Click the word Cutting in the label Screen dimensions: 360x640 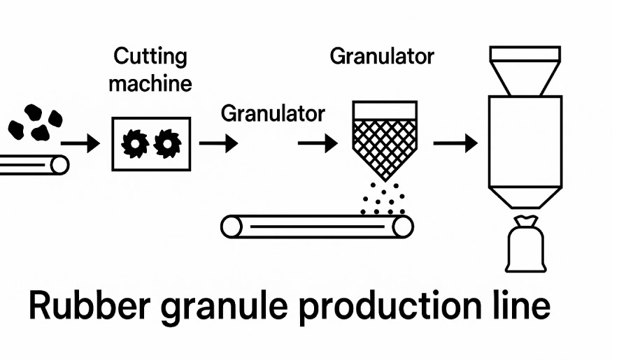tap(150, 56)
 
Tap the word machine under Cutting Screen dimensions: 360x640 tap(150, 84)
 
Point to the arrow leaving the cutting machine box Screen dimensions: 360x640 tap(218, 145)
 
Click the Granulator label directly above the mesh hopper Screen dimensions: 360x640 tap(382, 56)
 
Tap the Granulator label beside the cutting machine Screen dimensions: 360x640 tap(273, 113)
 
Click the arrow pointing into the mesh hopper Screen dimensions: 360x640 tap(318, 145)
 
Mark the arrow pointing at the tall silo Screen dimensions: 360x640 tap(455, 145)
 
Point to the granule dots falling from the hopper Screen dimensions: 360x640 tap(382, 199)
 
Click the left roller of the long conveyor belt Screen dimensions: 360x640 tap(233, 226)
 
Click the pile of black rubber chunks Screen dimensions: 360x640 tap(34, 123)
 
